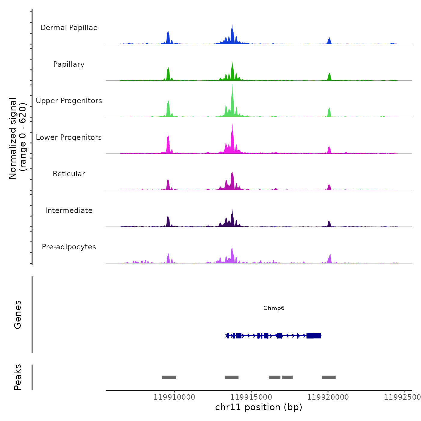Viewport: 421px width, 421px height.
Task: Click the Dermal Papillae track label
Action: (69, 28)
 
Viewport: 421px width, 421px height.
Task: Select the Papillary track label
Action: (69, 64)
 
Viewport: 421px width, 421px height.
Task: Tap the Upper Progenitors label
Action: (69, 101)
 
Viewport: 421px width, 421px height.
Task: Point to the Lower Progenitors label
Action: (69, 137)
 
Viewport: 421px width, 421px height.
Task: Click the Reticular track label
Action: (69, 174)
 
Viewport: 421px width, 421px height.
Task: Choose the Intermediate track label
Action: (69, 210)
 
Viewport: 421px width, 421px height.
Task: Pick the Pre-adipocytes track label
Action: (69, 247)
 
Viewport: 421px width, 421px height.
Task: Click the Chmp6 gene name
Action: (274, 308)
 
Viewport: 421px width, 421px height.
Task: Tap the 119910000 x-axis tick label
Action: (174, 397)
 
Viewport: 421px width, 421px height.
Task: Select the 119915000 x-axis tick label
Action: (251, 397)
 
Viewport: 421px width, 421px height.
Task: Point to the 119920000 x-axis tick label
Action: (328, 397)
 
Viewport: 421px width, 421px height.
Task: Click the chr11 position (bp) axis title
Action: (259, 407)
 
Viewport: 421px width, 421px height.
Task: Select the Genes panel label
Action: (18, 315)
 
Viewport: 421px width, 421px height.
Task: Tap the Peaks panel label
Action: (18, 377)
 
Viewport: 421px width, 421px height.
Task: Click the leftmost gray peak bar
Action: (169, 377)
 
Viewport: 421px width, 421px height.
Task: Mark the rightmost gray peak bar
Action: (328, 377)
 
